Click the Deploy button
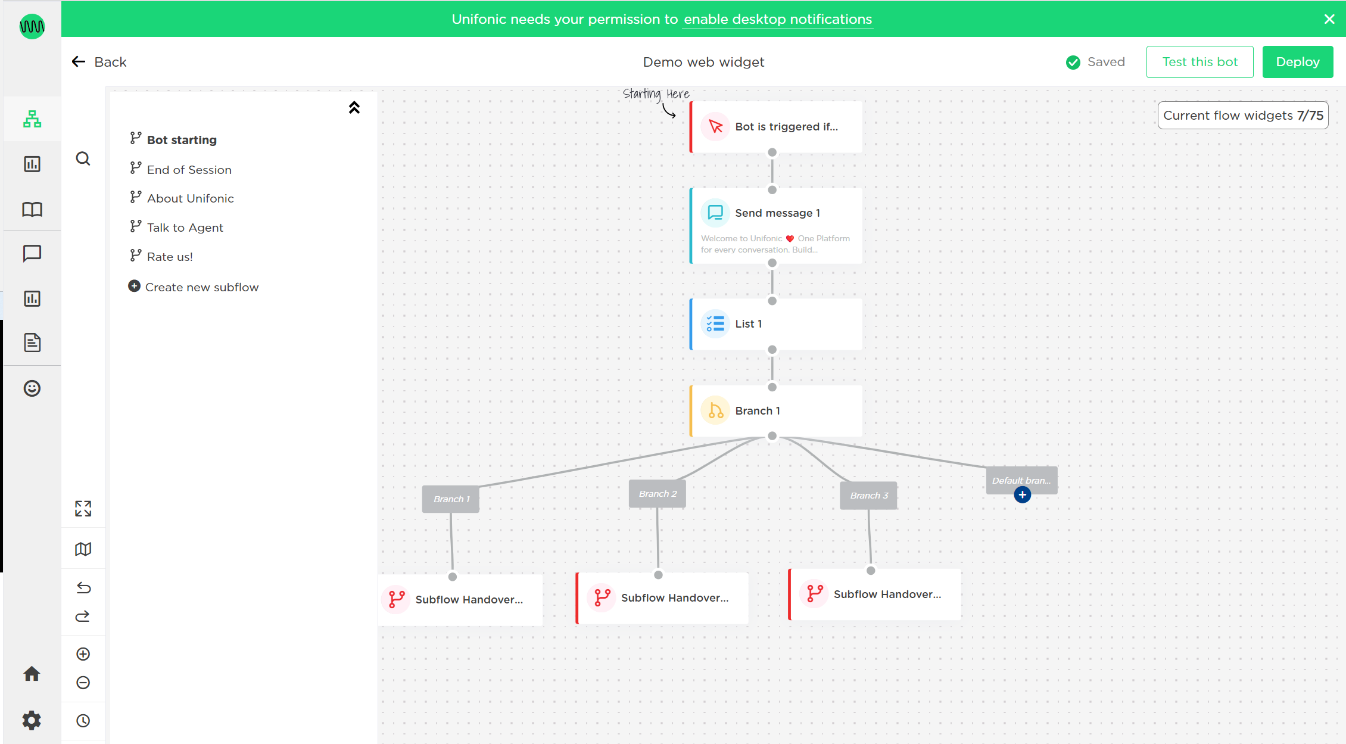pyautogui.click(x=1297, y=62)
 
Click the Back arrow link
pyautogui.click(x=99, y=62)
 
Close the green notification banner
pyautogui.click(x=1329, y=19)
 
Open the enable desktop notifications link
pyautogui.click(x=777, y=19)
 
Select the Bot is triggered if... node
pyautogui.click(x=775, y=127)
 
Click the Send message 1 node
pyautogui.click(x=775, y=226)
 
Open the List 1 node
pyautogui.click(x=775, y=324)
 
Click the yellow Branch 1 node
pyautogui.click(x=775, y=411)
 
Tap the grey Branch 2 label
pyautogui.click(x=658, y=494)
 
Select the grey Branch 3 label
pyautogui.click(x=869, y=496)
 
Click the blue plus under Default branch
pyautogui.click(x=1023, y=495)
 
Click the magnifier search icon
pyautogui.click(x=83, y=158)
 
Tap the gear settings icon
pyautogui.click(x=32, y=720)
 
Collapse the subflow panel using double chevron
pyautogui.click(x=354, y=107)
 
